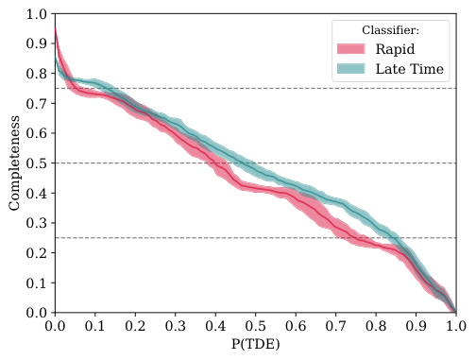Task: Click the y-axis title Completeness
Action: (15, 163)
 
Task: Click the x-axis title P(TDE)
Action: (255, 346)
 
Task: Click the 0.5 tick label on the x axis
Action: (255, 325)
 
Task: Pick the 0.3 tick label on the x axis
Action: (175, 325)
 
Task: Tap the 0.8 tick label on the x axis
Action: (376, 325)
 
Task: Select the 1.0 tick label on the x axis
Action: (455, 325)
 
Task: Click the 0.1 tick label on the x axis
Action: (94, 325)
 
